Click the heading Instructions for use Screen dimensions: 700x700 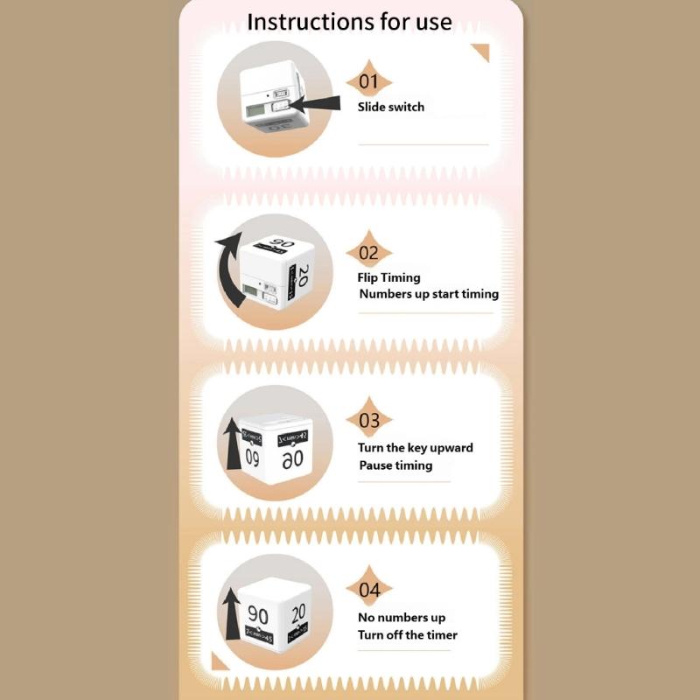(349, 22)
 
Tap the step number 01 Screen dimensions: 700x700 (368, 82)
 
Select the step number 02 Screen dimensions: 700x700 (368, 253)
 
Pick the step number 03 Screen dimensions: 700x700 (368, 421)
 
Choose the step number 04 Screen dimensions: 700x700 (368, 590)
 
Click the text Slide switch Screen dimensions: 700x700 (390, 107)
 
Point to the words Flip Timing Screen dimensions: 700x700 (388, 277)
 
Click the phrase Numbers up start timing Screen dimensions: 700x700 (429, 294)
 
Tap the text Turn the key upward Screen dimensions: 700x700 (415, 447)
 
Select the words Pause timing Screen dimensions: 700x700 (395, 465)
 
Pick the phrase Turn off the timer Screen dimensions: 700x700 (407, 634)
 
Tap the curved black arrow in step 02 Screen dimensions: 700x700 (230, 271)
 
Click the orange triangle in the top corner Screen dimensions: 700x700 (480, 54)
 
